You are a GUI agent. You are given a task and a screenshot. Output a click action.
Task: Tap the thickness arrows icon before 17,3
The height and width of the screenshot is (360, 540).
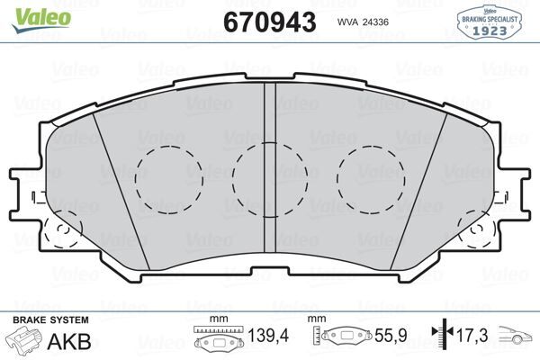pyautogui.click(x=440, y=337)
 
